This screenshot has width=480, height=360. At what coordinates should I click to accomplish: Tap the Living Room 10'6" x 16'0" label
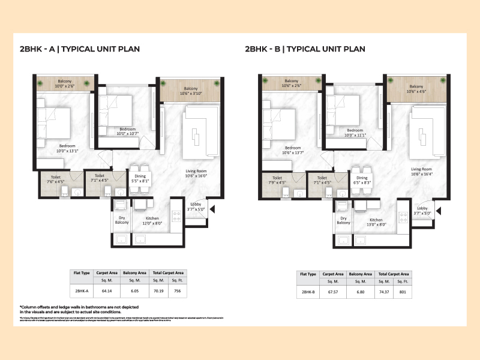[x=196, y=173]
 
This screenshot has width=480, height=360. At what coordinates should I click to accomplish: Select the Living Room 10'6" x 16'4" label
[x=424, y=171]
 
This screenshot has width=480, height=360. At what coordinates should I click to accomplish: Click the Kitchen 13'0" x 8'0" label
[x=376, y=222]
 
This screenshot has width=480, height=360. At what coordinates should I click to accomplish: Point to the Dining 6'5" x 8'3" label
[x=362, y=179]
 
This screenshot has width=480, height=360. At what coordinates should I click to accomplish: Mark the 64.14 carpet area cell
[x=106, y=290]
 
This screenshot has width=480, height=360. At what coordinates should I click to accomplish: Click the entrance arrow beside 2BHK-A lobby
[x=213, y=209]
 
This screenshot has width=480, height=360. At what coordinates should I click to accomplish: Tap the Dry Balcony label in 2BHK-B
[x=343, y=220]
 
